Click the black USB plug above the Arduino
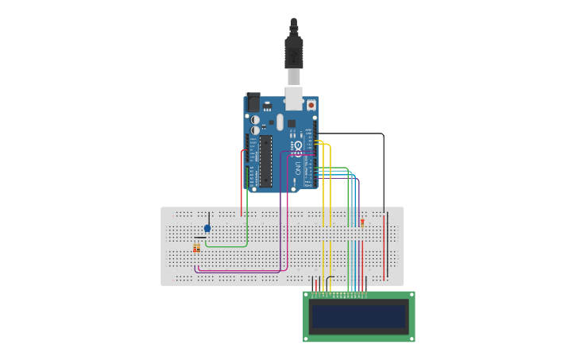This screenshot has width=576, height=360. pos(293,52)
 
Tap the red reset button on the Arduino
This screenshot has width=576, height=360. pos(311,105)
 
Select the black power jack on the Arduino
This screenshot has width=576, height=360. pos(253,102)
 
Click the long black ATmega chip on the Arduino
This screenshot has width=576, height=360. pos(265,160)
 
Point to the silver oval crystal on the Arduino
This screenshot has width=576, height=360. pos(280,122)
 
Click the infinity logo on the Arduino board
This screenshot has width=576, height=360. pos(299,149)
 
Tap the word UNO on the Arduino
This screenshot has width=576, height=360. pos(300,168)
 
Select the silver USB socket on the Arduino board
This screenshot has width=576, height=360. pos(293,98)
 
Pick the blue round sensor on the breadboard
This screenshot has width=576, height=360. pos(207,228)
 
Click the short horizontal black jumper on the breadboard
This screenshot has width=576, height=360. pos(200,237)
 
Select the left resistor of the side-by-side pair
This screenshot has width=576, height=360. pos(195,249)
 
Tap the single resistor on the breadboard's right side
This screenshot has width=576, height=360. pos(362,223)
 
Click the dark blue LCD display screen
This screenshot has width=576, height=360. pos(358,316)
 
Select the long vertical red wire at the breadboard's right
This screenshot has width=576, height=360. pos(384,246)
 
